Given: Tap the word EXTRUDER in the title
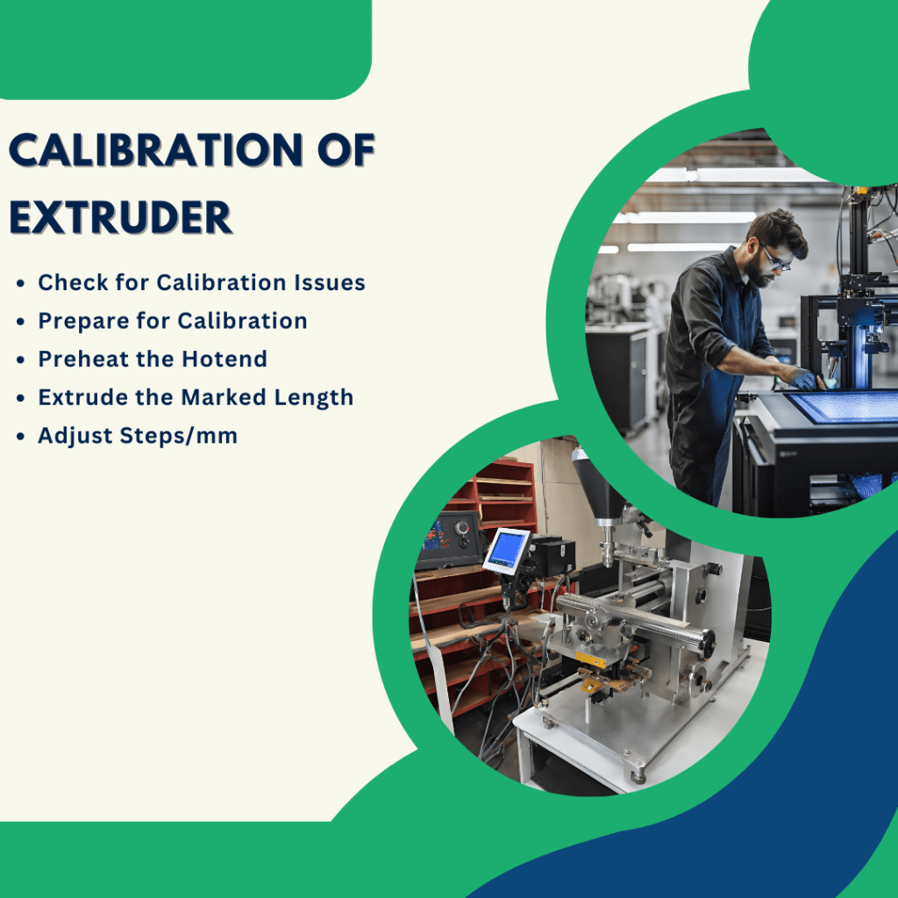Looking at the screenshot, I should pyautogui.click(x=120, y=217).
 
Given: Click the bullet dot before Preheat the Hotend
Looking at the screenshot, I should pyautogui.click(x=20, y=360).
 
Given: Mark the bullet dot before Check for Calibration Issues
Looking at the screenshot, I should pyautogui.click(x=20, y=283).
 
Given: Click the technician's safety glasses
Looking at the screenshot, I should pyautogui.click(x=776, y=259).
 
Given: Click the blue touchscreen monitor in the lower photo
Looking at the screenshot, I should pyautogui.click(x=507, y=551).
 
